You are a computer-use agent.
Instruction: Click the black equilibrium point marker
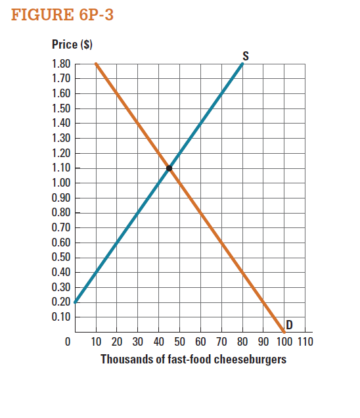click(169, 168)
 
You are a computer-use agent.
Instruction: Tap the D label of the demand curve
click(288, 324)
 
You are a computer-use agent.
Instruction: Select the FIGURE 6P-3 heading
click(63, 15)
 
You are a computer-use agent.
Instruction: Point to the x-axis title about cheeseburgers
click(193, 360)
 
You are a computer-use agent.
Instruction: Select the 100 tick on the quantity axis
click(284, 342)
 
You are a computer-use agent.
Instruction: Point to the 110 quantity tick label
click(305, 342)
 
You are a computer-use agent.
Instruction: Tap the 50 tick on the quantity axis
click(179, 342)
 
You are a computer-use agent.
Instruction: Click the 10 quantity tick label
click(96, 342)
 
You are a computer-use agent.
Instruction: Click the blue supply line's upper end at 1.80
click(243, 64)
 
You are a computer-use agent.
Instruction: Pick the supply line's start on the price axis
click(76, 302)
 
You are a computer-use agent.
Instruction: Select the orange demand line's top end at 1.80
click(96, 64)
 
